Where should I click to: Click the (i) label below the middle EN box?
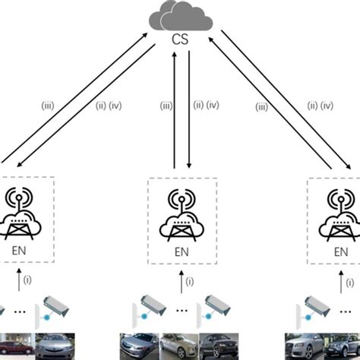(190, 281)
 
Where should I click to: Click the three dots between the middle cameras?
(182, 310)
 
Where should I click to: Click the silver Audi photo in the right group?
(305, 346)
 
